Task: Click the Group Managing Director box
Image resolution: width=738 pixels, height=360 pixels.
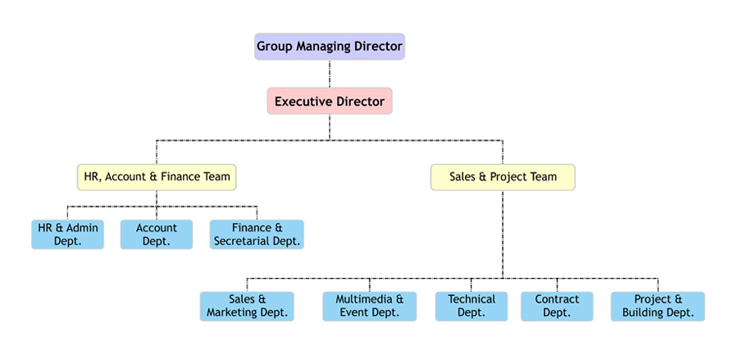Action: coord(329,46)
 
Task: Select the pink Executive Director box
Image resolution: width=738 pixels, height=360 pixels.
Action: coord(329,102)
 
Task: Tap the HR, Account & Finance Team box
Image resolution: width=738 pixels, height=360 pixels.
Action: coord(157,176)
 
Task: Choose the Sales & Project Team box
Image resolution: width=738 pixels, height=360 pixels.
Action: coord(503,176)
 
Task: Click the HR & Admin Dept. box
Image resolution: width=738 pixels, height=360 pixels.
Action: coord(68,235)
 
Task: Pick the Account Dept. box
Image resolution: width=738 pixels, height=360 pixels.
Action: coord(157,235)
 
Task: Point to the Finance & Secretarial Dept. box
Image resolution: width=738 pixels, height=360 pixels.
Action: coord(257,235)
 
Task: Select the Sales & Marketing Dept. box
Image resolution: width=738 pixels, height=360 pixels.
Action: coord(247,306)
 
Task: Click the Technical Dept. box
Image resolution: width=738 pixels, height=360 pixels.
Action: coord(471,306)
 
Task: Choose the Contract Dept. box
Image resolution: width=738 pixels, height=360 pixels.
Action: coord(557,306)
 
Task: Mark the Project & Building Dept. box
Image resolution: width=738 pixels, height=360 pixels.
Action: coord(658,306)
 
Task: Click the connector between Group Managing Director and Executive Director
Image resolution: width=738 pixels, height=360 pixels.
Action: coord(329,74)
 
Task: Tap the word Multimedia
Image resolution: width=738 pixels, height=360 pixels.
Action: coord(358,299)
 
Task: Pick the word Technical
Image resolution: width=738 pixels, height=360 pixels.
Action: coord(471,299)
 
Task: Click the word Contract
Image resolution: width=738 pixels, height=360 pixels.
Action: coord(557,299)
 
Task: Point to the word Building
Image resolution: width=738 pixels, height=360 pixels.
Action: coord(645,312)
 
